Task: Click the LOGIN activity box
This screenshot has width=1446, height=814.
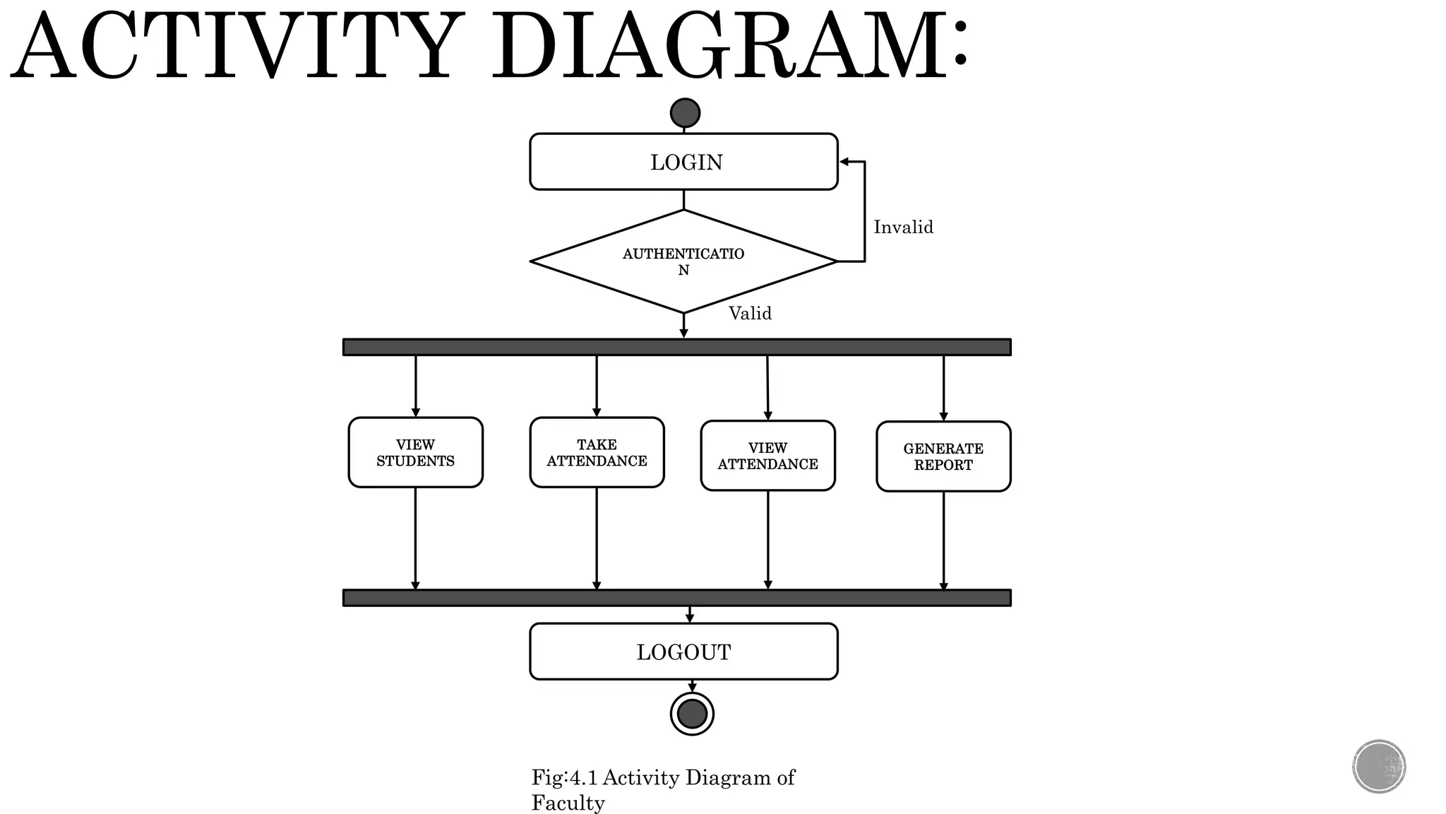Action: pos(683,162)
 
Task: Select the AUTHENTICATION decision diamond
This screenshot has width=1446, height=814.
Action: pos(683,261)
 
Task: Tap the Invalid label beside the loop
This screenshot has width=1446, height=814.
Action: pos(903,227)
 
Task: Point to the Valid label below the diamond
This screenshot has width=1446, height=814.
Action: pos(750,313)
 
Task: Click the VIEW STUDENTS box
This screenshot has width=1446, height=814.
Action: pos(415,452)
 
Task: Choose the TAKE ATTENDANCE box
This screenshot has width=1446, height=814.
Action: pos(597,452)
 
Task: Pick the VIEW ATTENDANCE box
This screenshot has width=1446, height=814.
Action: pos(767,456)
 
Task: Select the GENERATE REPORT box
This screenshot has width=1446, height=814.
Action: pos(943,456)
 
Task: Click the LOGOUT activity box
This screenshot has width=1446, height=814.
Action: pos(683,651)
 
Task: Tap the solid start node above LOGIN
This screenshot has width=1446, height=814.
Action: pos(685,113)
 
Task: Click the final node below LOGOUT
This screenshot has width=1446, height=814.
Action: pos(692,714)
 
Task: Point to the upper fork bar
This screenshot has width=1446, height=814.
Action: pos(676,347)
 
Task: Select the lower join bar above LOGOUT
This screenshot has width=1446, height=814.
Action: pos(676,598)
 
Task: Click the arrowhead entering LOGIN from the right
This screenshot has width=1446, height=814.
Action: pos(844,162)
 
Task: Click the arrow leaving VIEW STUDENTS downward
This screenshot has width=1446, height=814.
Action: pos(415,537)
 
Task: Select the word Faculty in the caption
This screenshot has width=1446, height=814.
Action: pos(568,803)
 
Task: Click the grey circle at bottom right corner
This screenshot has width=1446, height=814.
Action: pos(1379,767)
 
